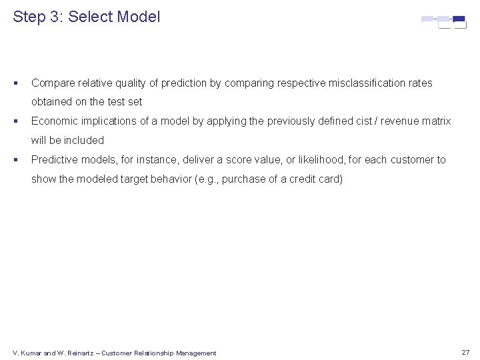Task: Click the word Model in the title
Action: coord(138,17)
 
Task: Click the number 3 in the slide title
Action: coord(55,17)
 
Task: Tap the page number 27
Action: coord(465,352)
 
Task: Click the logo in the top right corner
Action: coord(443,22)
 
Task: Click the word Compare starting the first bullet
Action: coord(52,83)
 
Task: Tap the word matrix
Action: coord(435,121)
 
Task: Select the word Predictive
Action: coord(55,160)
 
